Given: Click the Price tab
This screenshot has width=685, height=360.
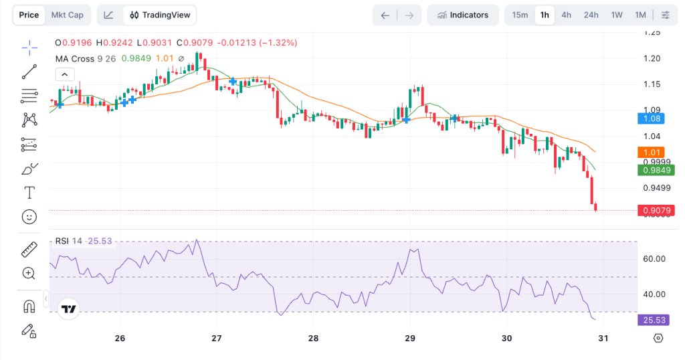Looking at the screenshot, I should click(x=29, y=15).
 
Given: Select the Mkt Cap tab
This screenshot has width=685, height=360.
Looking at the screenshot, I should click(x=68, y=15).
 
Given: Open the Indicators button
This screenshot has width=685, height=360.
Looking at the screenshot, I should click(x=462, y=15).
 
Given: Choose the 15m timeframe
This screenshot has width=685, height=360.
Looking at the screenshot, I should click(x=520, y=15).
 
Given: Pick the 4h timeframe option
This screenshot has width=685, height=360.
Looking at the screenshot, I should click(x=566, y=15).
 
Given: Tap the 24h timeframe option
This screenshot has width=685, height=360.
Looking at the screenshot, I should click(x=591, y=15).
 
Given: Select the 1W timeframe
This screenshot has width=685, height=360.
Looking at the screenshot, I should click(x=617, y=15).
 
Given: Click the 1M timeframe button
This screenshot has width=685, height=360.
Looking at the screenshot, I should click(x=640, y=15).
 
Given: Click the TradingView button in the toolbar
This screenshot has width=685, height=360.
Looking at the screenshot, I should click(x=161, y=15).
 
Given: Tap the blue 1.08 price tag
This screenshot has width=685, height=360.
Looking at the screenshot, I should click(x=652, y=118).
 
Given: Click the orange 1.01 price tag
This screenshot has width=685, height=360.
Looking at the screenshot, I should click(x=652, y=152).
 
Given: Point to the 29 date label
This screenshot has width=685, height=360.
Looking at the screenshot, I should click(x=410, y=338).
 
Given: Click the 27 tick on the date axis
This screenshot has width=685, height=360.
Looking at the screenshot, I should click(x=217, y=338).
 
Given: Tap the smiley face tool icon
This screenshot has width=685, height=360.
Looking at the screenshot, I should click(x=29, y=217).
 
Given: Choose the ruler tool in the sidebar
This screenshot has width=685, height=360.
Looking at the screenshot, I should click(x=29, y=250).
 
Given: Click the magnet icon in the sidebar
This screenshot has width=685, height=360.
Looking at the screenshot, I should click(x=29, y=306).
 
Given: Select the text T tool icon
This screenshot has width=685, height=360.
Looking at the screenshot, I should click(x=29, y=193).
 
